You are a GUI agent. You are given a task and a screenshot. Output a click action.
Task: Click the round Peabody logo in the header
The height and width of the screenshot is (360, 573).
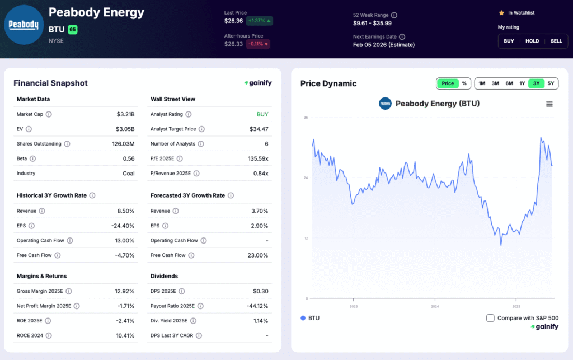(24, 25)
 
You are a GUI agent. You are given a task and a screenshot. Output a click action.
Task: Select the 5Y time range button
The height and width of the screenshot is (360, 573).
(551, 83)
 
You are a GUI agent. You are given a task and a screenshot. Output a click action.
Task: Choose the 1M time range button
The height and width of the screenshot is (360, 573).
(482, 83)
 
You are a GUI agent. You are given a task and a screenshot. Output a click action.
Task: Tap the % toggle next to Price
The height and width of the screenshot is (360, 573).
(464, 83)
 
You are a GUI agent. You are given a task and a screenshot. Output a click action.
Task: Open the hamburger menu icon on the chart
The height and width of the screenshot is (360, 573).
(549, 104)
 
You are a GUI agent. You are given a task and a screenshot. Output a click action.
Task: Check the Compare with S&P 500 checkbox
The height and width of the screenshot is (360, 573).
(490, 318)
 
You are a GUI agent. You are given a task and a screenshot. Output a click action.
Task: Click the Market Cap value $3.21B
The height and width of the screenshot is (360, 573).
(125, 114)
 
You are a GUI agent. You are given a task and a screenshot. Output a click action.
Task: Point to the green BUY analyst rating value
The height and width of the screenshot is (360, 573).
(262, 114)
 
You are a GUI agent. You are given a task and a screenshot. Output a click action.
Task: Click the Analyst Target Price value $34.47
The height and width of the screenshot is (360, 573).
(259, 129)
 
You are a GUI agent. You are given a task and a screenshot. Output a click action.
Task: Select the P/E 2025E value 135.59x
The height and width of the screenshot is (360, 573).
(258, 158)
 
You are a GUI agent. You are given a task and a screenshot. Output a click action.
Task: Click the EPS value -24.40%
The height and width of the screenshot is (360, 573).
(123, 226)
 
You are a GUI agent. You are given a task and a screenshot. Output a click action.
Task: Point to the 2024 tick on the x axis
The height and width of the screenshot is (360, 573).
(435, 307)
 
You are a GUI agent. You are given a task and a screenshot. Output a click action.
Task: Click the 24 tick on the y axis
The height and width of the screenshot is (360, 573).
(306, 178)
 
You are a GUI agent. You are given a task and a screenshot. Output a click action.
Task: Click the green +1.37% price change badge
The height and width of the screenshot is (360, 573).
(260, 21)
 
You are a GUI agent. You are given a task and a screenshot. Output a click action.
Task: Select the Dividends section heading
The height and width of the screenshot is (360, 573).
(164, 276)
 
